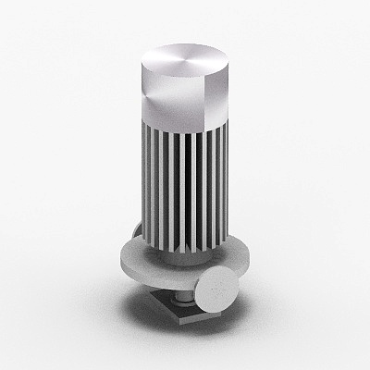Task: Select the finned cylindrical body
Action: pyautogui.click(x=185, y=185)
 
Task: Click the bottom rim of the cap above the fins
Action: pyautogui.click(x=185, y=129)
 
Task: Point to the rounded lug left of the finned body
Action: pyautogui.click(x=136, y=231)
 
